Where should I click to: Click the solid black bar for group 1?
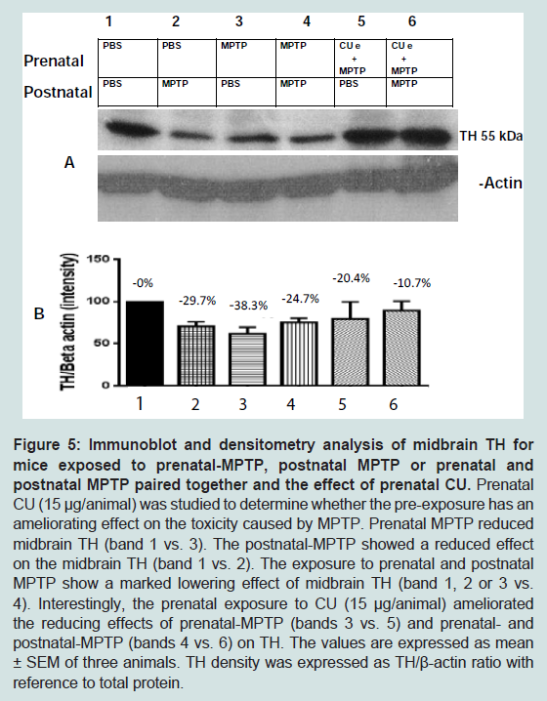(x=145, y=344)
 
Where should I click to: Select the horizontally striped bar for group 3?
(x=247, y=359)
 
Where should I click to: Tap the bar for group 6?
(x=401, y=348)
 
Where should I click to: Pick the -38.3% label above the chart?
(x=248, y=306)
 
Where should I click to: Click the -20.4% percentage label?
(x=351, y=278)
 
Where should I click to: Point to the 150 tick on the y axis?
(x=97, y=260)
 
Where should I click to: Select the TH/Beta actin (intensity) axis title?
(x=69, y=321)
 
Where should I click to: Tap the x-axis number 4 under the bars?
(x=291, y=404)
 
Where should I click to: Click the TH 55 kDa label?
(x=490, y=136)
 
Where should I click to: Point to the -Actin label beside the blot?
(x=500, y=183)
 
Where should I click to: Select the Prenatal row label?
(x=54, y=61)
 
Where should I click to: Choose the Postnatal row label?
(x=58, y=92)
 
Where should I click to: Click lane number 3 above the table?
(x=239, y=21)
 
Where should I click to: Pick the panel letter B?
(x=39, y=313)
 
